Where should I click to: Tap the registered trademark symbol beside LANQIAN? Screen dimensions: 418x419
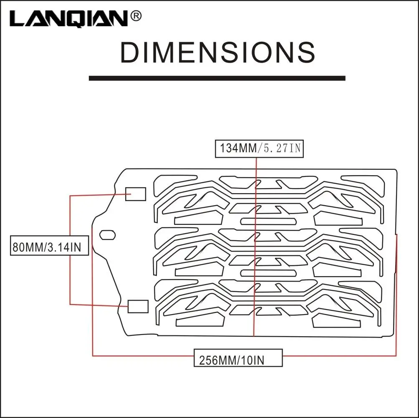(136, 16)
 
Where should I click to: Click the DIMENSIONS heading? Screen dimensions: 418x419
(217, 53)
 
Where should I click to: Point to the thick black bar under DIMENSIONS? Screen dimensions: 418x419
(217, 78)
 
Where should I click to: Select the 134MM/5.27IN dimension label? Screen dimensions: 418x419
(259, 149)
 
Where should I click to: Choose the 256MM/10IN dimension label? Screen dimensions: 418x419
(238, 359)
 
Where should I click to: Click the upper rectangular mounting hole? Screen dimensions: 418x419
(136, 194)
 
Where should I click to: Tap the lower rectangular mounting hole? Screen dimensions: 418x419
(138, 306)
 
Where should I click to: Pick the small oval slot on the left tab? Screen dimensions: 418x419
(107, 234)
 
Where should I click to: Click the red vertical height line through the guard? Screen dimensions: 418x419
(255, 250)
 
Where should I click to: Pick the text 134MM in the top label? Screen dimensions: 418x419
(238, 149)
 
